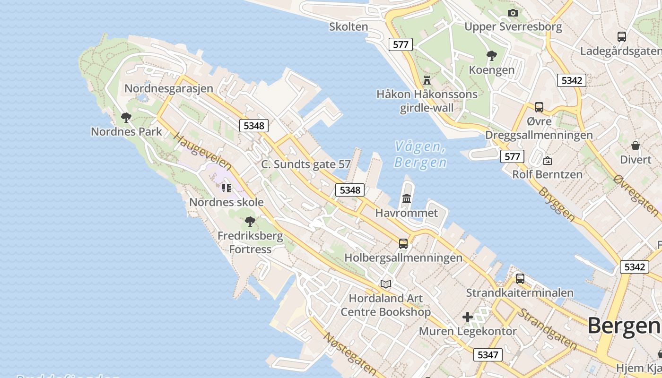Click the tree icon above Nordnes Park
(x=126, y=117)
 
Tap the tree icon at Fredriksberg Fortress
(x=250, y=221)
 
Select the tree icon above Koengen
(x=492, y=56)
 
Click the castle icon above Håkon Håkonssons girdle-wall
(x=427, y=79)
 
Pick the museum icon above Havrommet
(x=407, y=198)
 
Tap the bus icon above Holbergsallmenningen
(x=403, y=243)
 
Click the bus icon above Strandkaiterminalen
(x=520, y=278)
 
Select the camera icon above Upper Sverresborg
(x=513, y=13)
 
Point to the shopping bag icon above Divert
(x=636, y=145)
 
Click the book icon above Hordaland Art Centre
(x=386, y=284)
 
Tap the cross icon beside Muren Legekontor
(x=468, y=317)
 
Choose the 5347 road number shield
(x=488, y=354)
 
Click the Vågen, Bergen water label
(x=420, y=155)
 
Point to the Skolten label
(x=348, y=26)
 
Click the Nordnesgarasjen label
(x=169, y=88)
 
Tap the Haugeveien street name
(x=202, y=151)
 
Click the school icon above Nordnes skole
(x=226, y=188)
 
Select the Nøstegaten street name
(x=349, y=353)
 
